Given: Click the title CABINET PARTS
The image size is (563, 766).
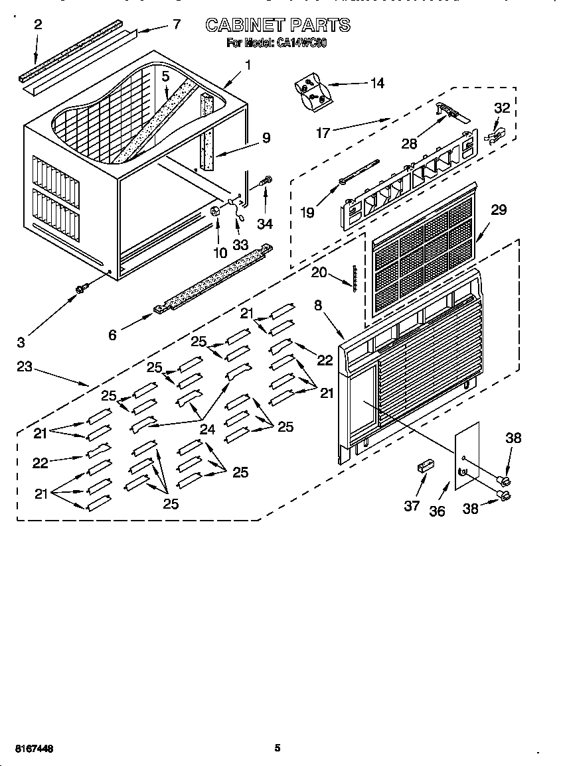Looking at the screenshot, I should [278, 25].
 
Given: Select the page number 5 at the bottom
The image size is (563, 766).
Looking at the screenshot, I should [278, 748].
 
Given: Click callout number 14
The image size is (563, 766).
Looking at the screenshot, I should [376, 83].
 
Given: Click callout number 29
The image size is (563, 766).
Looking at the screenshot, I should [498, 210].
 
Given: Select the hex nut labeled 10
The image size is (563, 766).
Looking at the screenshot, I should [215, 212].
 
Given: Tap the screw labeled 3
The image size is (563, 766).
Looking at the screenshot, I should [83, 288].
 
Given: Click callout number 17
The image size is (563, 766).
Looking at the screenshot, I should [323, 133].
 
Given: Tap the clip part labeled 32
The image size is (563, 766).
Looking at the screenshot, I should [494, 136].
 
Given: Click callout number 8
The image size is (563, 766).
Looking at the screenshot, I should [318, 306].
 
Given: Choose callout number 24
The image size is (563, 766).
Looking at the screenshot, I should [207, 429].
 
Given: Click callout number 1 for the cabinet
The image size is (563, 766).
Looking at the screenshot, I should [248, 65].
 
